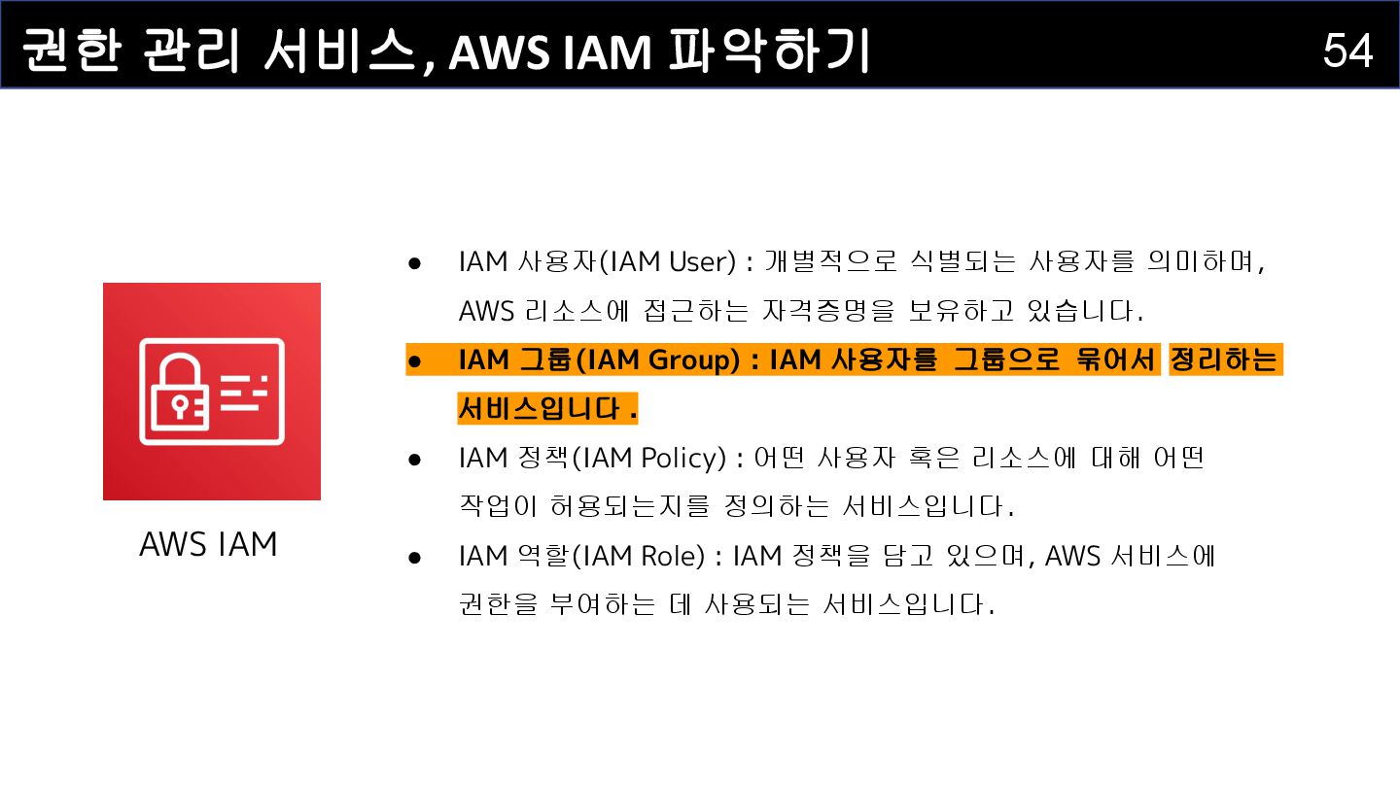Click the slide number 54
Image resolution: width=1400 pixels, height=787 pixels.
[1347, 50]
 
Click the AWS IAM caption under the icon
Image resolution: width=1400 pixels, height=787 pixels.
[208, 544]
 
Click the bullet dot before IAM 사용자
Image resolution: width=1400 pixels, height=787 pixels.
[414, 263]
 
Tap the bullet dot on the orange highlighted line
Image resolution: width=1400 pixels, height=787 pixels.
[414, 361]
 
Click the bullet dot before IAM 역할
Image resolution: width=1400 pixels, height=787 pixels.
[414, 557]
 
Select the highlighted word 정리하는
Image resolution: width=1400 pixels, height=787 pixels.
[1224, 360]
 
